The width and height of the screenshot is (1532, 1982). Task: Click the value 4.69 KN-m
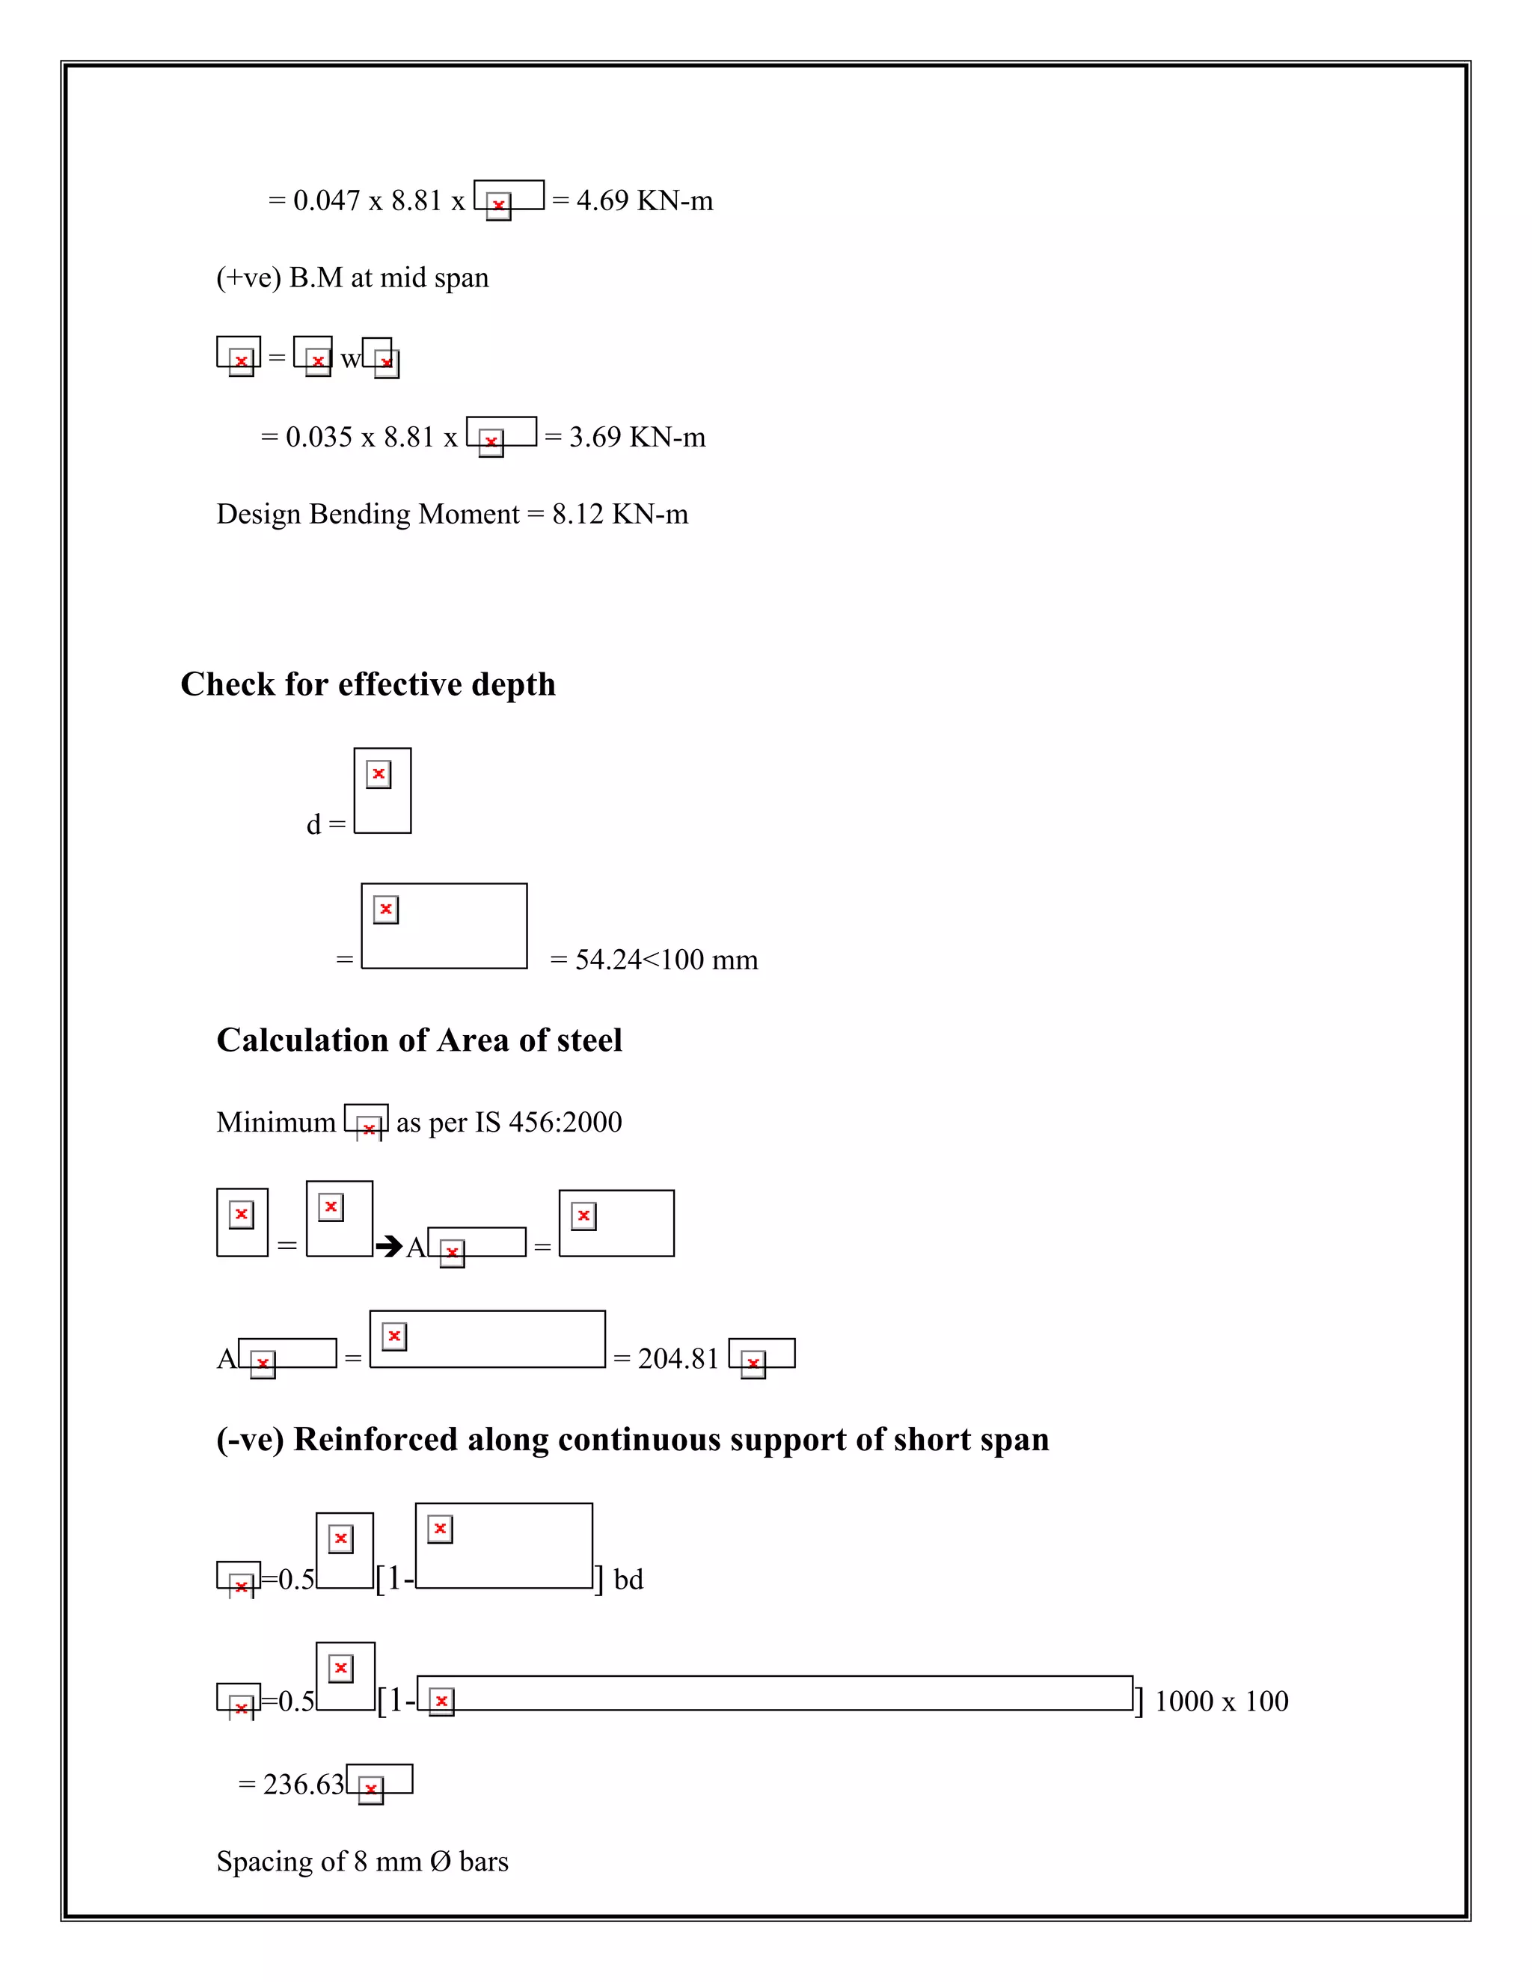[644, 200]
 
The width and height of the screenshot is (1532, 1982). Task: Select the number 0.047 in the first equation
[327, 200]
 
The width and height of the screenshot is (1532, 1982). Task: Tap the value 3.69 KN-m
[637, 438]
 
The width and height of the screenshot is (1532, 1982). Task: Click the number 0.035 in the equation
[319, 438]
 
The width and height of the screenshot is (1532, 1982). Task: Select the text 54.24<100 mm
[667, 960]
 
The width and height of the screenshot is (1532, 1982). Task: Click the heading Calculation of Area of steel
[420, 1040]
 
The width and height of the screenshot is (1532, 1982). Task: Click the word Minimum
[276, 1123]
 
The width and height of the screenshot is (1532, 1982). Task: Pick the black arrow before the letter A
[388, 1246]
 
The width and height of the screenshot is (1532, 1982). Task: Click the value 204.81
[678, 1358]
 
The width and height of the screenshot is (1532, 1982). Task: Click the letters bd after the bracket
[628, 1580]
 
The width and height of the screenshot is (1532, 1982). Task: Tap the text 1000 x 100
[1221, 1702]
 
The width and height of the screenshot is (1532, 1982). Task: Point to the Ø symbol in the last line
[440, 1862]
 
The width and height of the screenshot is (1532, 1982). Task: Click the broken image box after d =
[382, 791]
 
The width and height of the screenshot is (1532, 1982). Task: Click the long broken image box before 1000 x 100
[775, 1693]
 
